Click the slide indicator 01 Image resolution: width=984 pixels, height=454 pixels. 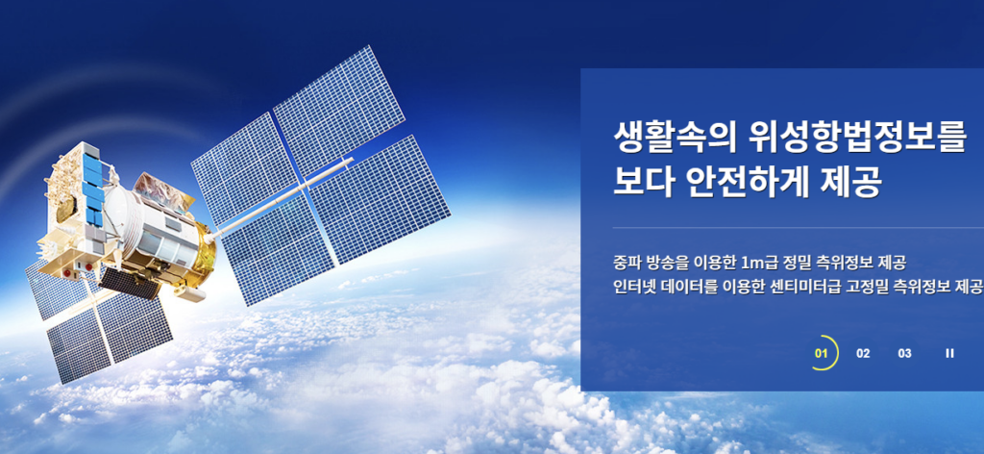(x=821, y=353)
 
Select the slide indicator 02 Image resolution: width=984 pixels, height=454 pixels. (x=863, y=353)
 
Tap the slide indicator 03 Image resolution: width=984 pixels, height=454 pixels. (x=904, y=353)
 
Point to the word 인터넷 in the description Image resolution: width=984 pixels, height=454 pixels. (x=634, y=288)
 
